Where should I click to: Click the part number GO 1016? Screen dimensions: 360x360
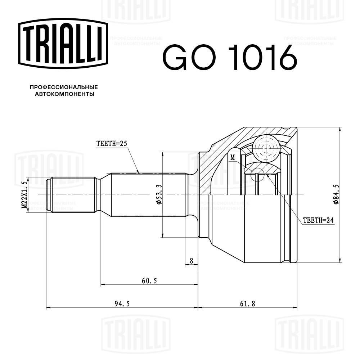[x=230, y=57]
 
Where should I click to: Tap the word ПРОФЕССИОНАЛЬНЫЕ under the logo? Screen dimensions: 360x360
[x=64, y=87]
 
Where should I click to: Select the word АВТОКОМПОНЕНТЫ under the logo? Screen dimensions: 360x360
[x=64, y=94]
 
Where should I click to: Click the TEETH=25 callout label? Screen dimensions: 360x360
[x=112, y=143]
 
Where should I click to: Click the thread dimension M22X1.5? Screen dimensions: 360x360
[x=24, y=195]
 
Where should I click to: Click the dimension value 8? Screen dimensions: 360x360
[x=191, y=260]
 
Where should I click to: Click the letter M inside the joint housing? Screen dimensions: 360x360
[x=233, y=157]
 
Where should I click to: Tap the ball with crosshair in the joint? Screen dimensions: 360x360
[x=266, y=148]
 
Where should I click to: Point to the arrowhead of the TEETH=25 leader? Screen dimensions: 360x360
[x=138, y=172]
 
